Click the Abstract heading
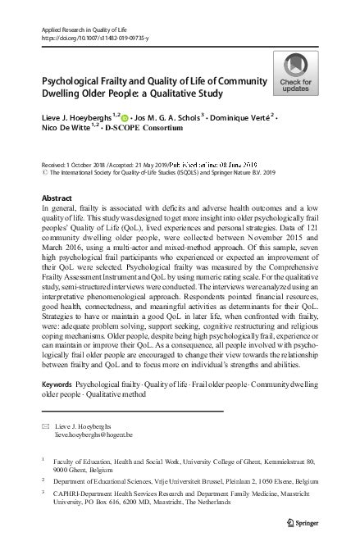[x=55, y=199]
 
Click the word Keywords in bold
[x=57, y=384]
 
